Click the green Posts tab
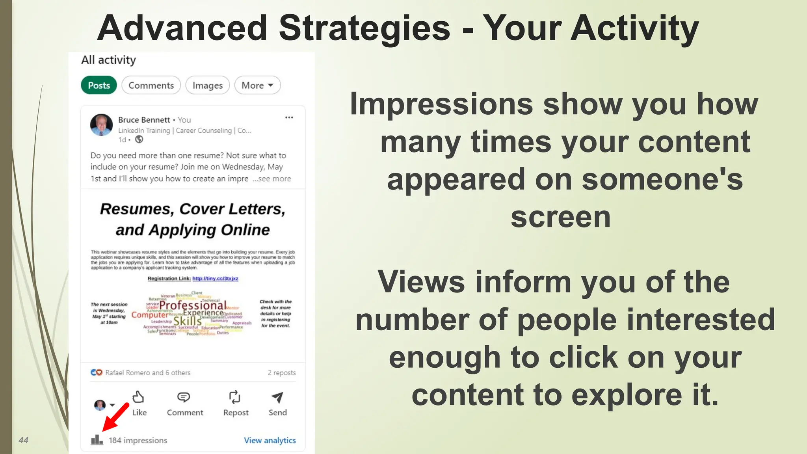point(99,85)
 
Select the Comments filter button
point(151,85)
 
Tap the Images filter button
point(207,85)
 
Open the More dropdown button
point(257,85)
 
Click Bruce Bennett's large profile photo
point(101,125)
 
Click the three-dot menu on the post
point(289,117)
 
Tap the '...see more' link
point(272,179)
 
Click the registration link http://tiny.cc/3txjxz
point(215,278)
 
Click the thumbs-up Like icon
point(138,397)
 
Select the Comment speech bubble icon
point(184,397)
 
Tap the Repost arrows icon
point(235,397)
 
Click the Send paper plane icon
point(277,397)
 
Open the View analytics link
point(270,440)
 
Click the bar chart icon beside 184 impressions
point(97,440)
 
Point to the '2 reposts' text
point(282,372)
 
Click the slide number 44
point(24,440)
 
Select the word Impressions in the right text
point(441,104)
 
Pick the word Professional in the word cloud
point(193,305)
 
